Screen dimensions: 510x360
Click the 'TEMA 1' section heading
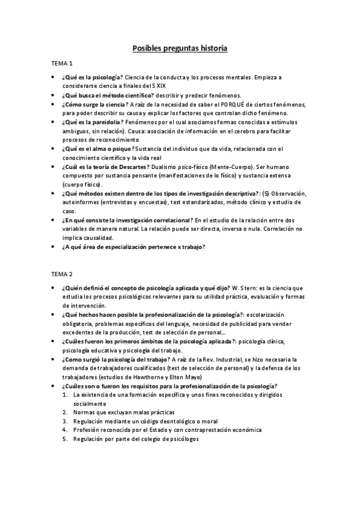pos(63,64)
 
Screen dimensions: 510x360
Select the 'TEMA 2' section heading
pos(63,274)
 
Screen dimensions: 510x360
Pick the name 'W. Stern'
pos(240,289)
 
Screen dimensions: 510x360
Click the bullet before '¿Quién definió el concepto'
pos(52,289)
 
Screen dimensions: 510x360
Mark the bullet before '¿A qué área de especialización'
pos(52,246)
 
